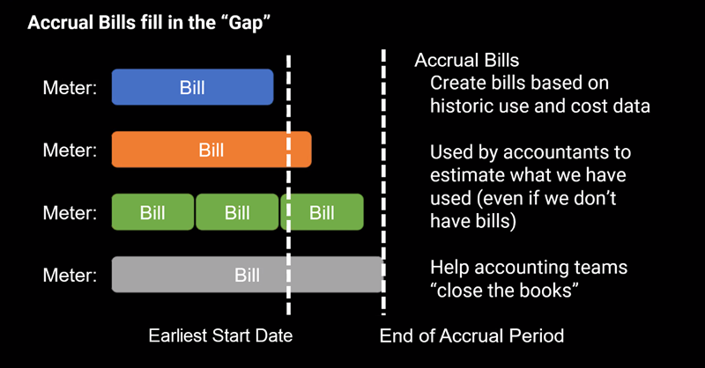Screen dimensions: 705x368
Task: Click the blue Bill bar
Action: click(x=192, y=87)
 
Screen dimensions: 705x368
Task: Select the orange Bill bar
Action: click(x=211, y=150)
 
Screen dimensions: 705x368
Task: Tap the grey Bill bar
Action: click(x=247, y=275)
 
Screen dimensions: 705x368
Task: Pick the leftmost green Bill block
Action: click(x=152, y=212)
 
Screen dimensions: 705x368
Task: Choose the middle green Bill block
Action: click(x=237, y=212)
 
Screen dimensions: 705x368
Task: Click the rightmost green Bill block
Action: click(x=322, y=212)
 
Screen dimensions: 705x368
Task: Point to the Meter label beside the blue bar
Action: click(x=70, y=88)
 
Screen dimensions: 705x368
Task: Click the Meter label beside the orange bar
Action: click(x=70, y=150)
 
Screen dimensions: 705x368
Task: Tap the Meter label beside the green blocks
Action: click(x=70, y=212)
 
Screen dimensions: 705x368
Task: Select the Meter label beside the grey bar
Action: click(x=70, y=275)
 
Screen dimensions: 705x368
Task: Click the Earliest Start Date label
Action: click(x=220, y=335)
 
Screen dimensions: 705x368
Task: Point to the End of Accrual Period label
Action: click(x=471, y=335)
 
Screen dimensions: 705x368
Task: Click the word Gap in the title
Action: click(x=246, y=23)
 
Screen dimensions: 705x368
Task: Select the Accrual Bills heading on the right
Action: click(x=467, y=60)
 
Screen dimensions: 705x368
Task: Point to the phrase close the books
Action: click(x=504, y=291)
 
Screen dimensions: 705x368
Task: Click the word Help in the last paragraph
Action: click(x=449, y=268)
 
